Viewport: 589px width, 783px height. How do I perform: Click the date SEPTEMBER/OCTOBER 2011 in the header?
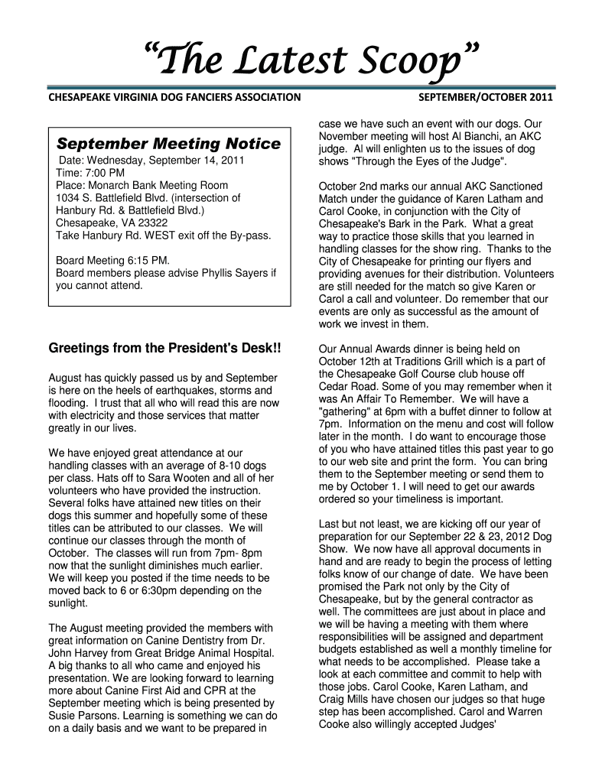(x=485, y=98)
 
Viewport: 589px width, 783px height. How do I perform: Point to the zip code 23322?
(x=151, y=223)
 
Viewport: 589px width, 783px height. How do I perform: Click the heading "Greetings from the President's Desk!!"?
(x=165, y=349)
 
